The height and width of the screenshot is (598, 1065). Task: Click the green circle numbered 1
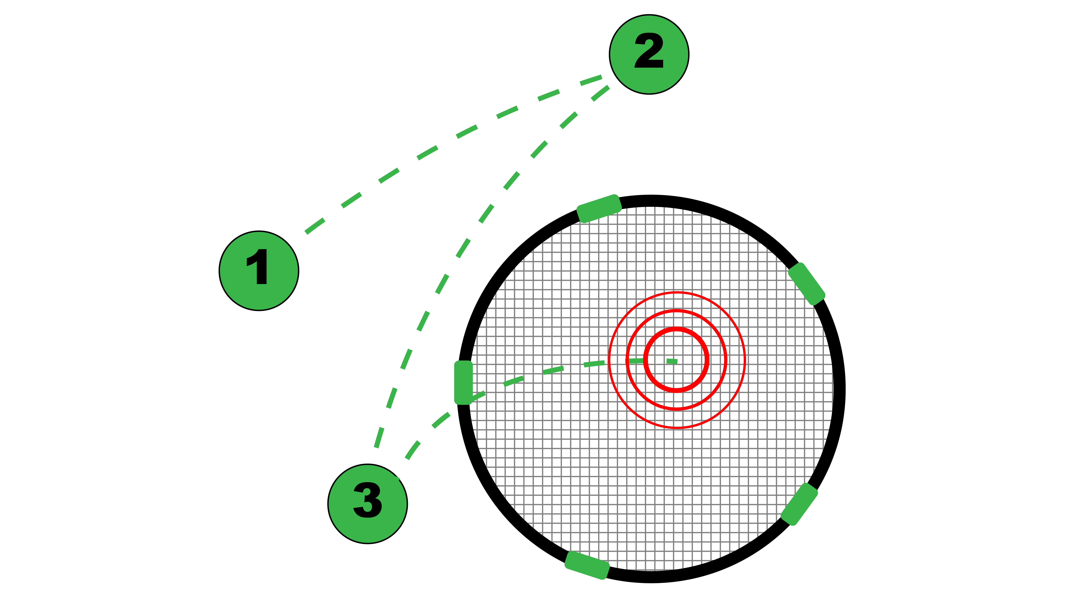tap(259, 271)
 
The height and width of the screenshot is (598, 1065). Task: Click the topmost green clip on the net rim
tap(599, 209)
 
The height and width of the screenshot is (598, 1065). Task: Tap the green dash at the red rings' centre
tap(672, 361)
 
